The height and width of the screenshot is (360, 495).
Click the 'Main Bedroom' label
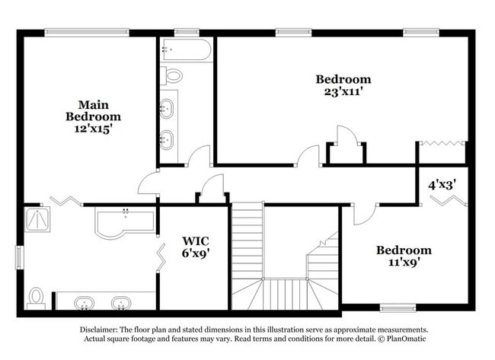click(92, 110)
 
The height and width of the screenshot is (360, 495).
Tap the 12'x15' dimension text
click(92, 129)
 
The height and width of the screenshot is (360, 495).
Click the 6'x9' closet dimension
click(194, 253)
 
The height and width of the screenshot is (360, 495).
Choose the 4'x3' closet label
click(441, 184)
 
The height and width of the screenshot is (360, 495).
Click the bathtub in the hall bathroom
click(186, 50)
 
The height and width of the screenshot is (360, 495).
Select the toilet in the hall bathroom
click(173, 75)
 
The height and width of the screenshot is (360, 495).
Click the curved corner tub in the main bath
click(123, 223)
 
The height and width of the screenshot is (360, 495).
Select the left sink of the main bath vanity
click(85, 304)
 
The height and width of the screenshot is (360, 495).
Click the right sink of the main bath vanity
click(120, 304)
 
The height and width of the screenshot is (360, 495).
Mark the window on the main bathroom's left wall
click(20, 256)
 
